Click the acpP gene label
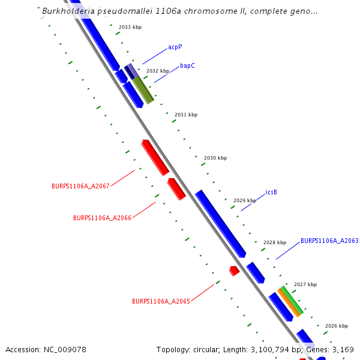(175, 47)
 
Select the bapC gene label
(187, 65)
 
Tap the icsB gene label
(271, 193)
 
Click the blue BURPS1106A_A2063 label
(329, 241)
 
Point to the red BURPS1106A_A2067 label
(80, 186)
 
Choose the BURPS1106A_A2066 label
(102, 218)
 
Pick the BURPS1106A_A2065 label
(161, 301)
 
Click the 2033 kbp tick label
(130, 28)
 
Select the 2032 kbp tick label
(158, 71)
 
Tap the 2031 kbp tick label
(186, 115)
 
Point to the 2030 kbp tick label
(215, 158)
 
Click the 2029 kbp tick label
(245, 200)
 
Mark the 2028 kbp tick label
(275, 242)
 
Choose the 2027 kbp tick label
(305, 284)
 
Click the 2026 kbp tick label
(337, 326)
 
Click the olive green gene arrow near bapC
(143, 89)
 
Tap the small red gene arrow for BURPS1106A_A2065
(235, 271)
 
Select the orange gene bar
(288, 302)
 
